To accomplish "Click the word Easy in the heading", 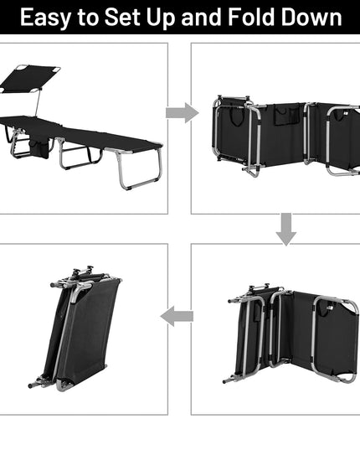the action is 45,18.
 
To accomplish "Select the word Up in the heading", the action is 161,18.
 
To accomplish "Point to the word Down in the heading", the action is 311,17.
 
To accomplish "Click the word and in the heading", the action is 202,17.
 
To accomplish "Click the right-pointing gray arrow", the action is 183,113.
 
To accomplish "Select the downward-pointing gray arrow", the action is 286,229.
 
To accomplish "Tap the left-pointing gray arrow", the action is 177,316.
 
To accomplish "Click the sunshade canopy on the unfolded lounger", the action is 30,78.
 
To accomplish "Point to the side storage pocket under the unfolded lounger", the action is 39,148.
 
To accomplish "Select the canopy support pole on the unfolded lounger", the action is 38,102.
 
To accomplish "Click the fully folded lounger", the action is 75,328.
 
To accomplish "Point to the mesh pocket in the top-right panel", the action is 295,115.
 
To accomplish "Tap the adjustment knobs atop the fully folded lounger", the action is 83,270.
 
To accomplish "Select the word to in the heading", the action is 87,18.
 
